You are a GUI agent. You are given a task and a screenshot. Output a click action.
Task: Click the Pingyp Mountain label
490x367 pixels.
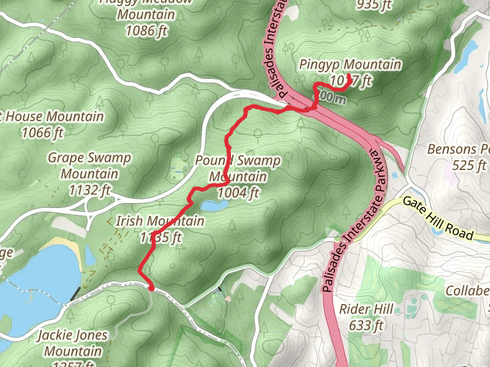coord(350,65)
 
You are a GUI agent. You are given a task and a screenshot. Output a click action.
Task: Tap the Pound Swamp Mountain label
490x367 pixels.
coord(238,169)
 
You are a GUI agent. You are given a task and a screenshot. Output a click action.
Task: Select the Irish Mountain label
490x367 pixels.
coord(160,221)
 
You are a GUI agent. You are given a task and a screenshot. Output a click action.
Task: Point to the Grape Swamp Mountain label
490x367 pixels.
coord(89,166)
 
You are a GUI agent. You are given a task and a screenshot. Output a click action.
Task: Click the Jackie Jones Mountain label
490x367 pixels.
coord(72,343)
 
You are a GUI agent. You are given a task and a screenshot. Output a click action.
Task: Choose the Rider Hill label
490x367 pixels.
coord(371,310)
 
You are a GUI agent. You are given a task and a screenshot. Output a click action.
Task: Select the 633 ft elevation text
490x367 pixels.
coord(366,325)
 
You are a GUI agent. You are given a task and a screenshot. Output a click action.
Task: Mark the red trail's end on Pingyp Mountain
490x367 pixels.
coord(349,76)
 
